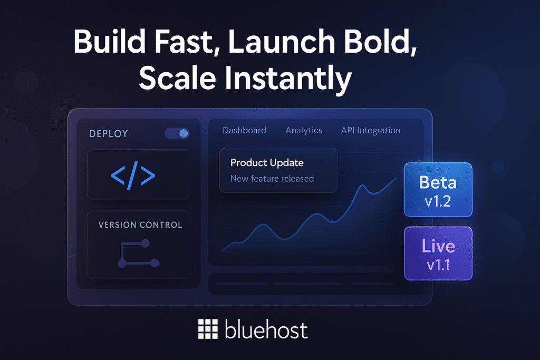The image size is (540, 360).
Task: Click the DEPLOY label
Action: [x=109, y=134]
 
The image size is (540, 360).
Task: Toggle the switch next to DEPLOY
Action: [x=177, y=133]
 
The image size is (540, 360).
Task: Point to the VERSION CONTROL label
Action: [x=140, y=225]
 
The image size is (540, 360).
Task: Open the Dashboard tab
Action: [x=244, y=130]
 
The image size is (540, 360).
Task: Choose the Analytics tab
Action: [x=304, y=130]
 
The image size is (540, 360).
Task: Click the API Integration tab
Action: [x=371, y=130]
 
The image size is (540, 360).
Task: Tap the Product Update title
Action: [x=267, y=162]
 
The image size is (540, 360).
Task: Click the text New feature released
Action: [x=272, y=179]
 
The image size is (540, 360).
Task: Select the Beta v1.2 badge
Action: [x=438, y=190]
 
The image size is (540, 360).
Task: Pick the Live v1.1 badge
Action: [x=438, y=254]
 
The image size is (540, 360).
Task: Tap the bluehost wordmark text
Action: [x=266, y=330]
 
